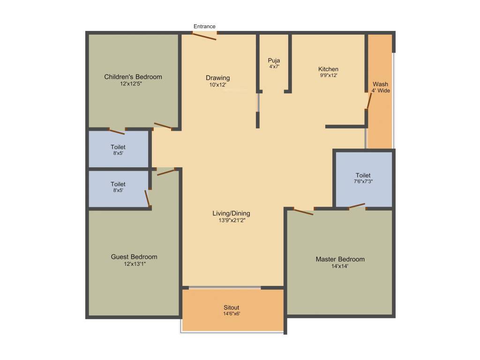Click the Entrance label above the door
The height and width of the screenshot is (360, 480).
pos(204,27)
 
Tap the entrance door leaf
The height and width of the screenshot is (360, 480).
pos(205,36)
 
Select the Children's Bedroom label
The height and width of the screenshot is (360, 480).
pos(133,77)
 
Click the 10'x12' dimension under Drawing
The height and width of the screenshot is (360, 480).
pos(217,85)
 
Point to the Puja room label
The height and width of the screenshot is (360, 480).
pos(274,60)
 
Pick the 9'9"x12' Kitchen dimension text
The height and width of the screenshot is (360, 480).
pos(328,75)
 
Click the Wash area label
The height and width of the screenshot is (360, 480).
pos(380,84)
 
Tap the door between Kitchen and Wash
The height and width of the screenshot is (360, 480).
pos(369,101)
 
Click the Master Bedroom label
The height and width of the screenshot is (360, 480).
pos(340,259)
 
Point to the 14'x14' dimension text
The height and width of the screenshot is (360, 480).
pos(339,266)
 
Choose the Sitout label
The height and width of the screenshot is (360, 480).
pos(232,308)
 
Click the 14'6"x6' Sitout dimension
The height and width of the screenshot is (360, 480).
pos(232,314)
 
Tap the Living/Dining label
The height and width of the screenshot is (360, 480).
pos(232,213)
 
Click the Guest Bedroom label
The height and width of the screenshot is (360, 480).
pos(134,257)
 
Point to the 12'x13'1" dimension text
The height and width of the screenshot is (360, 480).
pos(135,264)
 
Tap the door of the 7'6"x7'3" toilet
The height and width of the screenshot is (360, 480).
pos(357,205)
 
